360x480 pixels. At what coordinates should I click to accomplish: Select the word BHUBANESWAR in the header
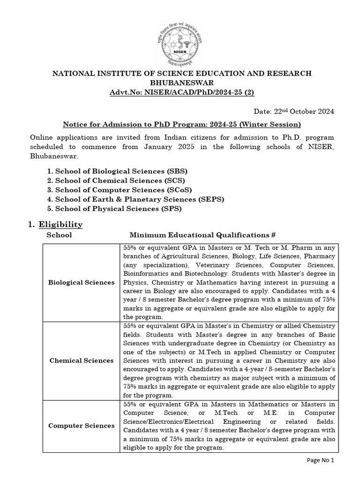(x=181, y=82)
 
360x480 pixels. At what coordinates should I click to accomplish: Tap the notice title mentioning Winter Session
(x=182, y=124)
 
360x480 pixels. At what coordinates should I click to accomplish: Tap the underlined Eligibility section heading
(x=60, y=225)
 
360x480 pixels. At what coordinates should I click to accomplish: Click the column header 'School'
(x=59, y=235)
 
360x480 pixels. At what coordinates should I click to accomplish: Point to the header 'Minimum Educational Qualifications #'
(x=202, y=235)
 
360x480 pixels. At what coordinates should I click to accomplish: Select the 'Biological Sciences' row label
(x=81, y=282)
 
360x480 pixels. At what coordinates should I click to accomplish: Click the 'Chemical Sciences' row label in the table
(x=81, y=360)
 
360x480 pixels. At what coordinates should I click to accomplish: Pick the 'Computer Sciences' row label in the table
(x=81, y=426)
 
